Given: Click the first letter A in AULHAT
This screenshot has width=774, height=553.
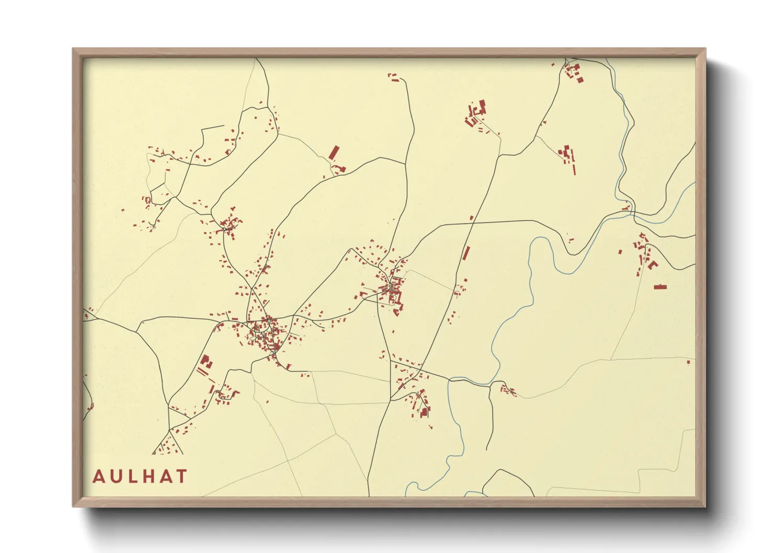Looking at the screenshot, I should (x=98, y=477).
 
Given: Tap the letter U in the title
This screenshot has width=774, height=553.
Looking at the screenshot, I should (x=117, y=477).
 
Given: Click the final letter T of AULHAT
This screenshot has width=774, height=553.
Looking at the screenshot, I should (x=181, y=477).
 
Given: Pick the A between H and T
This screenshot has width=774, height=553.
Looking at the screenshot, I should (x=166, y=477).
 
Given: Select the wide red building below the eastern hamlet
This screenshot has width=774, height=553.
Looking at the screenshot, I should (x=660, y=287).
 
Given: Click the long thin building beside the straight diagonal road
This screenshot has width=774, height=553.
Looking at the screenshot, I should (x=465, y=253).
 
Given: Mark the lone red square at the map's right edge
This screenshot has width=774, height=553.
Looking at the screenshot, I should (x=688, y=362).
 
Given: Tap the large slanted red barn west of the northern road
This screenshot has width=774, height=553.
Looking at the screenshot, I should (x=334, y=153).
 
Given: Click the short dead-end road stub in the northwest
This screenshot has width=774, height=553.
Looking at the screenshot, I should (x=212, y=128).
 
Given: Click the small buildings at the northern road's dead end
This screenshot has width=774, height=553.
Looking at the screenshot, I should (x=393, y=78).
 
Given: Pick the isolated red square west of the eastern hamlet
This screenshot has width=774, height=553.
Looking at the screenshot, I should (x=620, y=252).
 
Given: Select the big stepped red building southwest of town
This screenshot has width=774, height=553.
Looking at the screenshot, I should (x=205, y=361).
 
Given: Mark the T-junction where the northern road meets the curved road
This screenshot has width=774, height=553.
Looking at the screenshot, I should (x=405, y=163).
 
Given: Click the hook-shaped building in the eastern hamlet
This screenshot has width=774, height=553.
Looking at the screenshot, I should (x=652, y=265).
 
